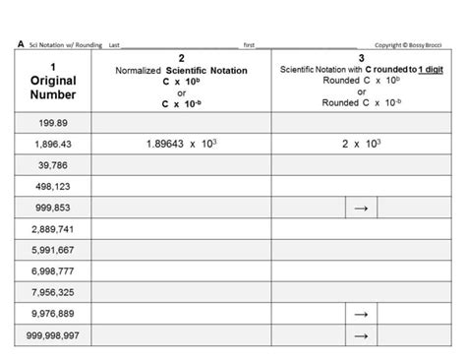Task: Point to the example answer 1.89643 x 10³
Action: (x=181, y=144)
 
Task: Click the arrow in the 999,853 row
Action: (x=361, y=208)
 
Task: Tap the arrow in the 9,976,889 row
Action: (x=361, y=314)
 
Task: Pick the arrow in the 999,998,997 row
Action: (x=361, y=335)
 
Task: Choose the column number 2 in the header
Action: (x=181, y=60)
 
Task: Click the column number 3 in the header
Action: (x=361, y=60)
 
